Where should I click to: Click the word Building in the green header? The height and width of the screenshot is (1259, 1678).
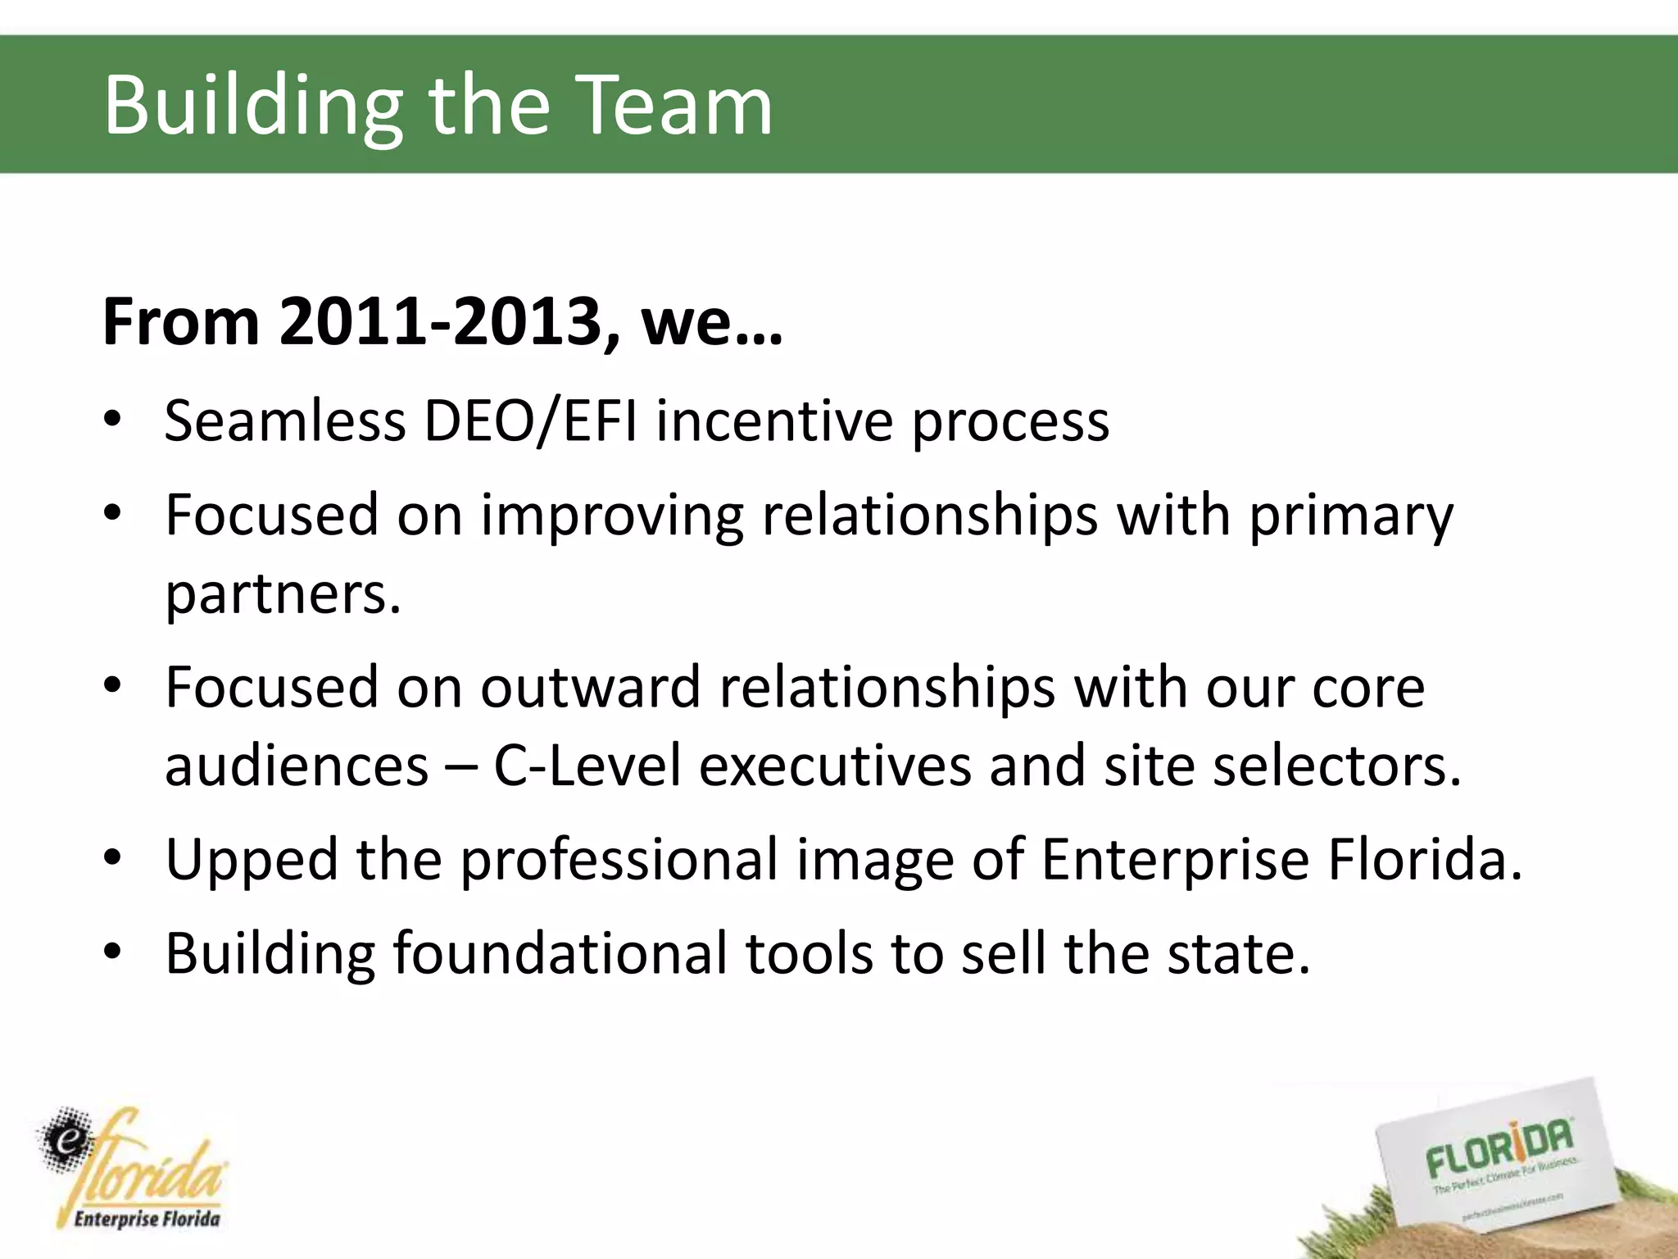[252, 107]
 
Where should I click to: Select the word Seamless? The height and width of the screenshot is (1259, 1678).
[285, 420]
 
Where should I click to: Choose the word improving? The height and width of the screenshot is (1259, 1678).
[611, 516]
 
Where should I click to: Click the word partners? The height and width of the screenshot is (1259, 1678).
[283, 593]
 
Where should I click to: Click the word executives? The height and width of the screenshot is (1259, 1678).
[834, 766]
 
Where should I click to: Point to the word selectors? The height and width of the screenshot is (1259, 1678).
[1336, 766]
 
